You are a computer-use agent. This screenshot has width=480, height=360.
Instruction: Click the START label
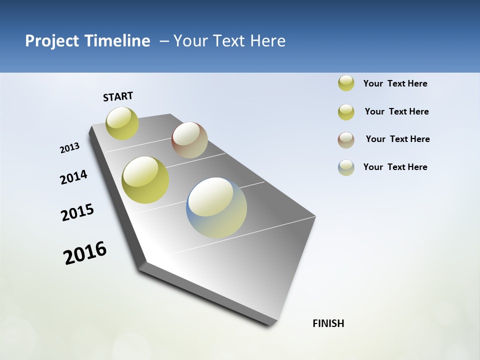pos(118,96)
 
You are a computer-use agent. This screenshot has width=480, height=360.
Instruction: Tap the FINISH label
pos(328,323)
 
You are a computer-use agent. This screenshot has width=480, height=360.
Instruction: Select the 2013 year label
pos(70,148)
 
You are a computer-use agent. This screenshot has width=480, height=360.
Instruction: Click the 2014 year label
pos(73,177)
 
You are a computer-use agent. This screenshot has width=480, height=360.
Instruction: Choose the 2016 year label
pos(85,253)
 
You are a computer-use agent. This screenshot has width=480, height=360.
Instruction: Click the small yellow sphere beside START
pos(122,123)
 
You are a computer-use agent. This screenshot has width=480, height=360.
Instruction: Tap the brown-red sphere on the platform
pos(189,140)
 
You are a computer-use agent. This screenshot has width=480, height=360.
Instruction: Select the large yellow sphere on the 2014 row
pos(145,180)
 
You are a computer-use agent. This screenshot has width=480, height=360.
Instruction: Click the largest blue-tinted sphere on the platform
pos(216,207)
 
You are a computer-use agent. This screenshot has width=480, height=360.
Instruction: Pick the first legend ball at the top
pos(346,83)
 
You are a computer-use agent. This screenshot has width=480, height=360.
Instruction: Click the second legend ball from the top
pos(346,112)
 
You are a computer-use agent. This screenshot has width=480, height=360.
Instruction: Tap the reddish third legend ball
pos(346,140)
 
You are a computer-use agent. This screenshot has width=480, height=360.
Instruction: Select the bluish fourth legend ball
pos(346,167)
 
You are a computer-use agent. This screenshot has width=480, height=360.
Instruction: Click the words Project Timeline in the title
pos(87,41)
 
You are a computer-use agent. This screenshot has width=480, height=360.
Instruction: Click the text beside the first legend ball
pos(395,84)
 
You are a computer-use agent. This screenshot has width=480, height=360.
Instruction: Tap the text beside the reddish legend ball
pos(397,139)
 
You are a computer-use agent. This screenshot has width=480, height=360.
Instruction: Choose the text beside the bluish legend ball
pos(395,167)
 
